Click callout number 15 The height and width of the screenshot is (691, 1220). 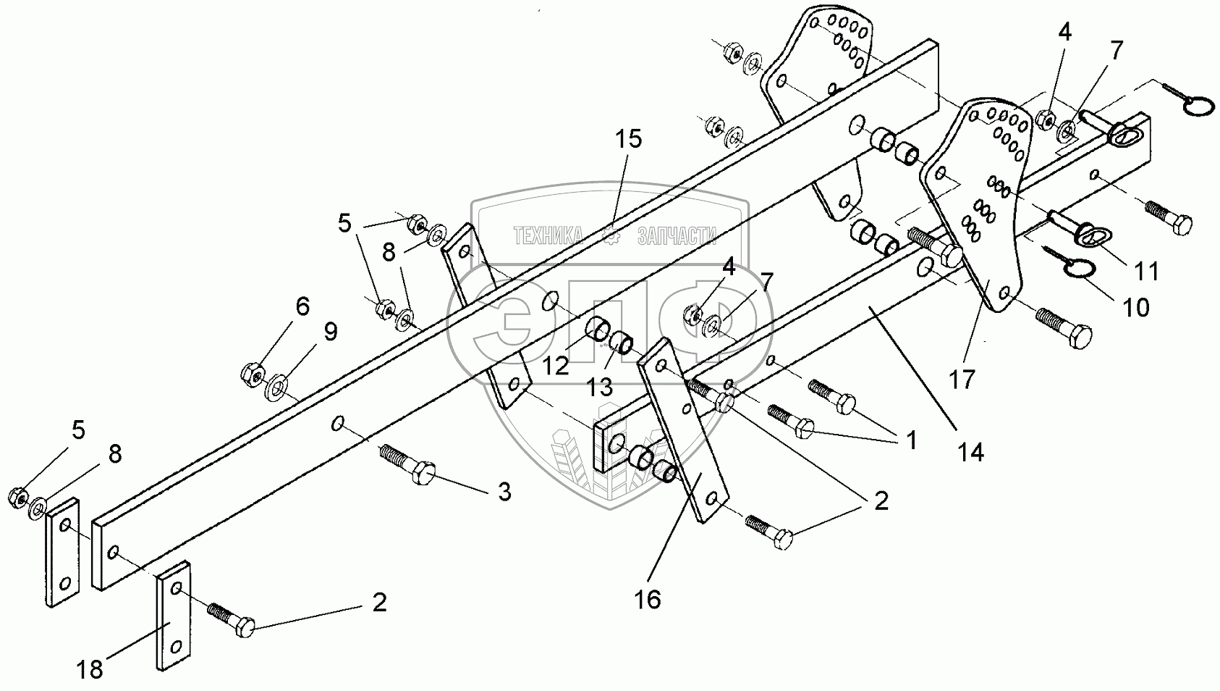coord(629,139)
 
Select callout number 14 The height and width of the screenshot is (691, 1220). coord(970,452)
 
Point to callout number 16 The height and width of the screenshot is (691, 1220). coord(649,600)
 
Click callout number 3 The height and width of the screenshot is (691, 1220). coord(504,493)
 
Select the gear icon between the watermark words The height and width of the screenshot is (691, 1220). coord(610,235)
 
